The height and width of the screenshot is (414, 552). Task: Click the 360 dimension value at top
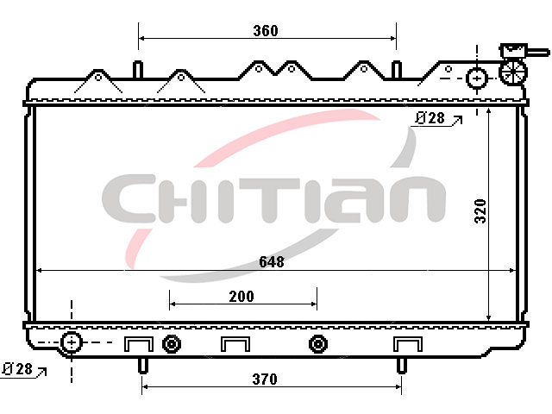click(x=266, y=31)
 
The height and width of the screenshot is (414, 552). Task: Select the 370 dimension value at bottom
click(x=265, y=379)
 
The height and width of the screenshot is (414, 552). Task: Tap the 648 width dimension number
click(x=272, y=261)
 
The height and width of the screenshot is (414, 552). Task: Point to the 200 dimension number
click(x=241, y=297)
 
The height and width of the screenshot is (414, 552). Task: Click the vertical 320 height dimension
click(x=480, y=210)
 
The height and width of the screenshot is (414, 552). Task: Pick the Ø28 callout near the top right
click(x=430, y=118)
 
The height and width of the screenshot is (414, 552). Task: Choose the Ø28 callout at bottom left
click(x=17, y=369)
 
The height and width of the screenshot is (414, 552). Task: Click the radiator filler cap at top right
click(x=513, y=72)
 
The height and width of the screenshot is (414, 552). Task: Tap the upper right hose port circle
click(x=477, y=78)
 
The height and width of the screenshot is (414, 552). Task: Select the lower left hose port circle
click(x=72, y=342)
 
